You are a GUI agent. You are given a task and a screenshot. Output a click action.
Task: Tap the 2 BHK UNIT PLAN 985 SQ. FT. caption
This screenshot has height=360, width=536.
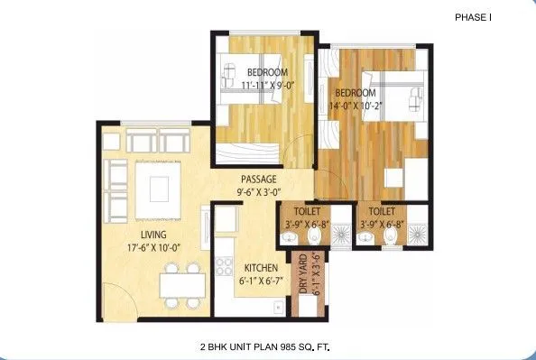269,346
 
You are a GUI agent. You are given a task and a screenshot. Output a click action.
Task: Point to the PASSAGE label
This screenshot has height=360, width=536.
258,179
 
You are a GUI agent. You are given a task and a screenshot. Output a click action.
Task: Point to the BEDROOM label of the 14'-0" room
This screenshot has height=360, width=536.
356,92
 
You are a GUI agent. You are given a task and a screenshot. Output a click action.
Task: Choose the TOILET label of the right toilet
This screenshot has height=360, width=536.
386,214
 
